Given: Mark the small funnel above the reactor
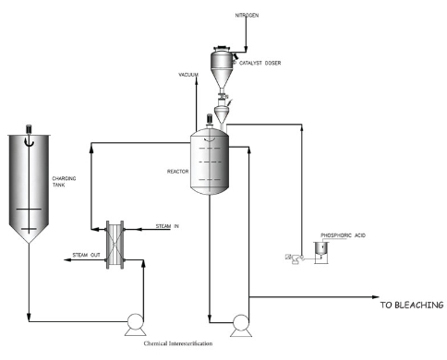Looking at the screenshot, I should click(x=221, y=112).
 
